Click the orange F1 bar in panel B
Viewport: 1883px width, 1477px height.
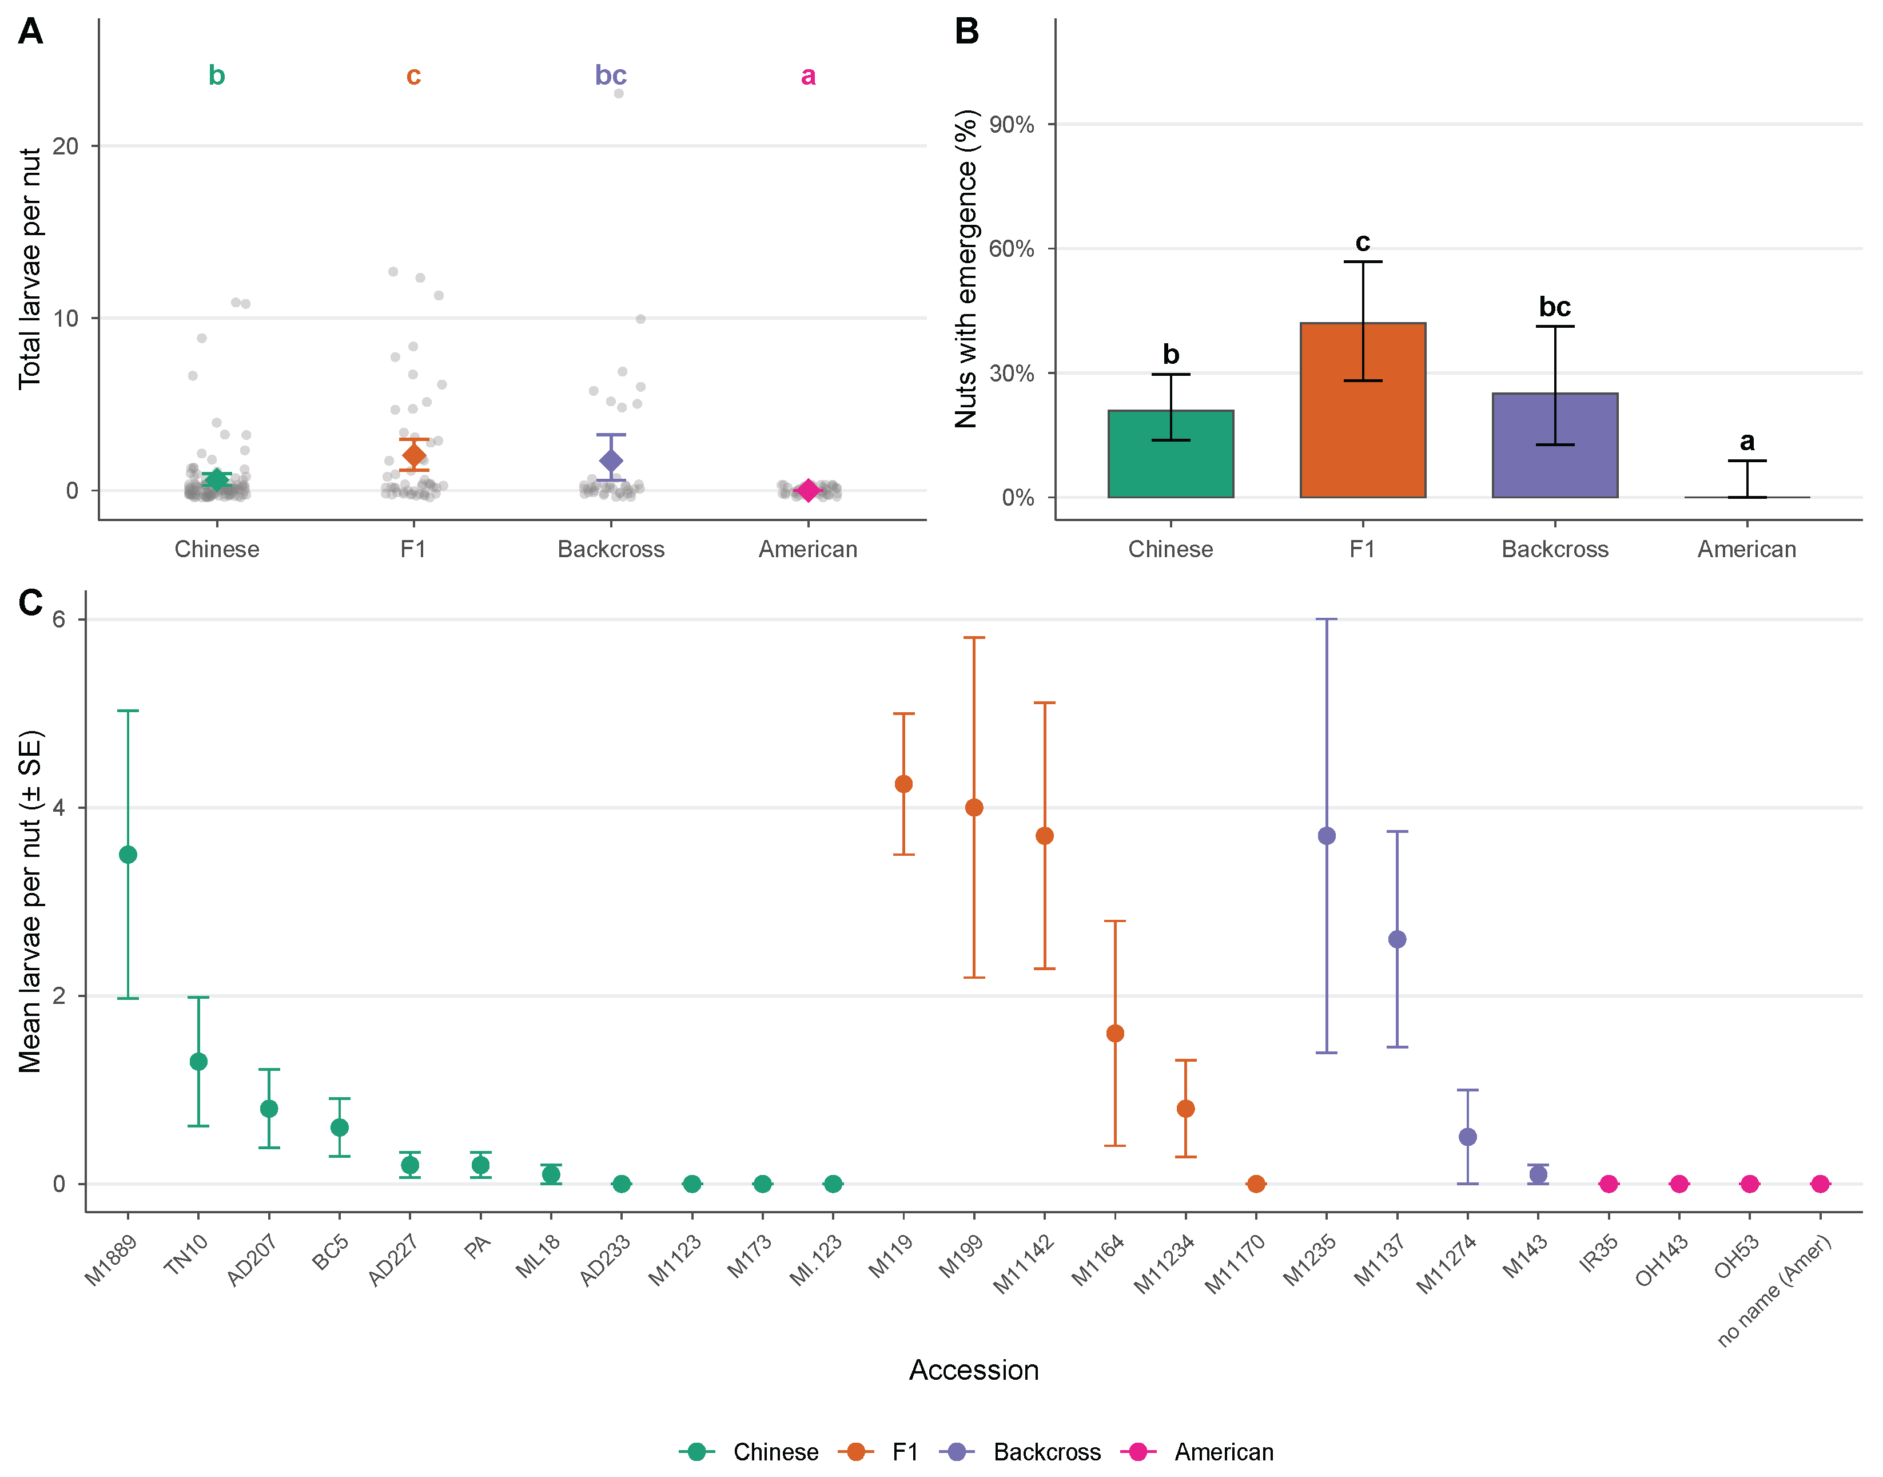1363,410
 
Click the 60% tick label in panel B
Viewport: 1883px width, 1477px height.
1012,249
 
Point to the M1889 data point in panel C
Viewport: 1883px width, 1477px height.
128,855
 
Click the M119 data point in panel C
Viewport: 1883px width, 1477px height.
903,784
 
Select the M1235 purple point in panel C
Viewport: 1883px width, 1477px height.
1326,835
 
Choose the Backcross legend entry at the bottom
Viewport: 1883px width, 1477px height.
1025,1452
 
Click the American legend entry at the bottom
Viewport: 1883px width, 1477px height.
1197,1452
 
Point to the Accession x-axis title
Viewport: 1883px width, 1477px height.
973,1370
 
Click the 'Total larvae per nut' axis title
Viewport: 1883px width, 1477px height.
30,269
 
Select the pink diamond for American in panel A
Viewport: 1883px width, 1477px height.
807,490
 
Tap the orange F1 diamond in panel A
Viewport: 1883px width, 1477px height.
414,455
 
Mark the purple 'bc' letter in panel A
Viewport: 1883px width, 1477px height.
610,76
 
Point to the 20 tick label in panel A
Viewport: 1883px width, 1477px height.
66,145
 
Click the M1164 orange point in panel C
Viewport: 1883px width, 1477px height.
1115,1033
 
